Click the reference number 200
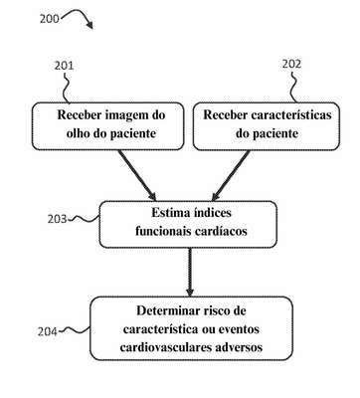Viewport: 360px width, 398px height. (x=49, y=19)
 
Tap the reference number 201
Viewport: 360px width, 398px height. (x=64, y=66)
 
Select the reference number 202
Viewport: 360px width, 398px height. (x=291, y=64)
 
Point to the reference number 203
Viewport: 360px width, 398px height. (x=57, y=219)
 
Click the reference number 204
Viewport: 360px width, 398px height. (x=47, y=331)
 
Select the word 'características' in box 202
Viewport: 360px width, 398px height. (x=291, y=114)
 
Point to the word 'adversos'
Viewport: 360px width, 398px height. (x=239, y=347)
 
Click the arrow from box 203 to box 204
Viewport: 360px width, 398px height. (x=190, y=272)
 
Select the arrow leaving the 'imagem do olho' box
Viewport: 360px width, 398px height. (x=137, y=175)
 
